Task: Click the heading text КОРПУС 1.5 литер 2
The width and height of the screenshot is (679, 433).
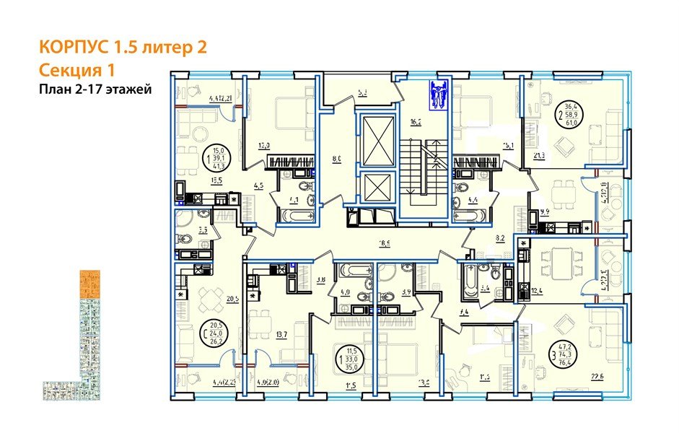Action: point(123,48)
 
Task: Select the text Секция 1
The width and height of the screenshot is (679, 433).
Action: point(76,70)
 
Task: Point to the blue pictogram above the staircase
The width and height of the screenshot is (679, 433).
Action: point(438,95)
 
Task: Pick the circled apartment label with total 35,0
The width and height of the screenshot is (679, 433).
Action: point(349,355)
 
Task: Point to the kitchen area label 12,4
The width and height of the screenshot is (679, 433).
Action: point(536,291)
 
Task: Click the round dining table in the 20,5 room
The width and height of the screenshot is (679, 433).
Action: point(209,297)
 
